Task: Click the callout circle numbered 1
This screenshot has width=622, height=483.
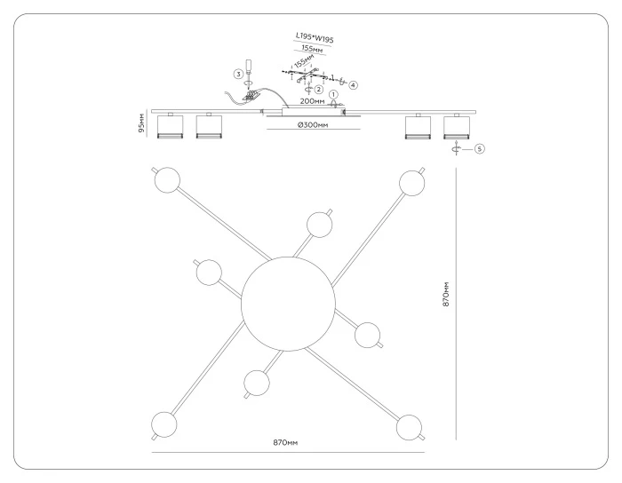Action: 333,95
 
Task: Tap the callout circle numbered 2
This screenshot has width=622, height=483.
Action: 318,90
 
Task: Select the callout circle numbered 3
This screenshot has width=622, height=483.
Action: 238,74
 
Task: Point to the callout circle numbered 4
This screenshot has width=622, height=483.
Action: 353,85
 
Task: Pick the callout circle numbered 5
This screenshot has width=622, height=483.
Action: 480,149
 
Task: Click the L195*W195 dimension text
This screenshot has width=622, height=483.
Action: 315,37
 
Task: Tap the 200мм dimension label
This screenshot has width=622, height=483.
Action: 312,101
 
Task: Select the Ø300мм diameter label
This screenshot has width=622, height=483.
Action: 313,125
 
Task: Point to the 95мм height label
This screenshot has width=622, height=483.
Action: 141,123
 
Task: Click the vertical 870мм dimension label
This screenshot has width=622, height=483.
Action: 446,295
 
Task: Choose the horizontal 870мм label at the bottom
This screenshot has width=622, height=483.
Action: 285,442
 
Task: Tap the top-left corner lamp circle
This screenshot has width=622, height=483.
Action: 167,180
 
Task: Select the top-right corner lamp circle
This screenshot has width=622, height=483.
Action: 412,183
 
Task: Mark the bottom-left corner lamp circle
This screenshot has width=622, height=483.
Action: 163,424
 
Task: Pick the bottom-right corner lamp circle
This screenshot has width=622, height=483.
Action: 409,428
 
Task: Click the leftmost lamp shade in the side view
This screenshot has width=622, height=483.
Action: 171,127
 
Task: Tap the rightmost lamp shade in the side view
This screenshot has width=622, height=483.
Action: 457,127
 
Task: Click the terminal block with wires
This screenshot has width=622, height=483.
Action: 251,96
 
